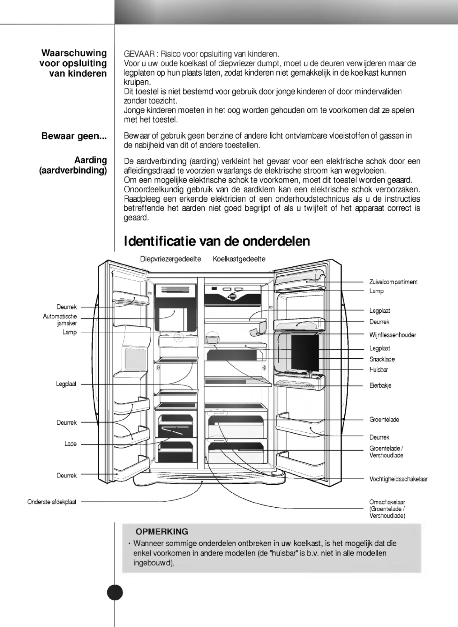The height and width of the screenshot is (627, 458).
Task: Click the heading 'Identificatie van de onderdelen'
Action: click(217, 241)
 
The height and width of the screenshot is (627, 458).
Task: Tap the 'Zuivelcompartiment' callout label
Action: click(393, 282)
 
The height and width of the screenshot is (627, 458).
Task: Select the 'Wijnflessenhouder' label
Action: click(393, 335)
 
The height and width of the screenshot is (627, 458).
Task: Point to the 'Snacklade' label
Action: click(382, 359)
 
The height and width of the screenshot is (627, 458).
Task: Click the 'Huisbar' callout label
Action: click(379, 370)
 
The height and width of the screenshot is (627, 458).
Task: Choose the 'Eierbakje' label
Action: click(380, 385)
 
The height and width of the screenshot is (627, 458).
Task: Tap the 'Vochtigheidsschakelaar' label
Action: click(398, 479)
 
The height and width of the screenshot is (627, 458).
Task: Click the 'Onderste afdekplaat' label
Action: click(52, 502)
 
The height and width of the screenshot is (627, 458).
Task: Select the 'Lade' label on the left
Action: click(71, 444)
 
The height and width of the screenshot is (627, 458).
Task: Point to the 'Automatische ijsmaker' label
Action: click(60, 320)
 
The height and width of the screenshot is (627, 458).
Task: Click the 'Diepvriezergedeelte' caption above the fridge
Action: click(170, 259)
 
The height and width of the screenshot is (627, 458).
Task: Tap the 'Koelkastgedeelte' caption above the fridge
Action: click(239, 259)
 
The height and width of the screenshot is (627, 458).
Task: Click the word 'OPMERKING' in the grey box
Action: click(162, 532)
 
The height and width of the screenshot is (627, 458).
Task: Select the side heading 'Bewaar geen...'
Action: click(74, 136)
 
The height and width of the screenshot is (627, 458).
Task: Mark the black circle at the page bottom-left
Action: click(115, 593)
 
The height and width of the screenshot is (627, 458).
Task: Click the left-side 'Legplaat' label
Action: click(66, 384)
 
